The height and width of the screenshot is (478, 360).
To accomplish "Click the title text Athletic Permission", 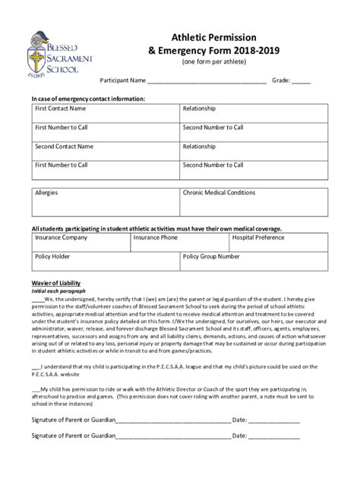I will (x=223, y=36).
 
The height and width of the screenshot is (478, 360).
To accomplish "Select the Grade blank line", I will (x=301, y=81).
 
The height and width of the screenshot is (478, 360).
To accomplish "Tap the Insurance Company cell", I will (x=79, y=244).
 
